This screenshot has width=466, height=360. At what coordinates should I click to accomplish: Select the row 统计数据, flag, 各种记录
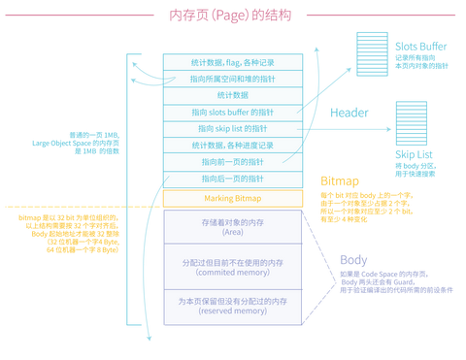(232, 62)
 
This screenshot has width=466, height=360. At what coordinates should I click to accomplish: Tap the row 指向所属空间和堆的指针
(232, 79)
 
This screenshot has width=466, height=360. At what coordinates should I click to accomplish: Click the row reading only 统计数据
(232, 95)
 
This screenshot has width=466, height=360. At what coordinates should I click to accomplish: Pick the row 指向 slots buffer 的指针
(232, 112)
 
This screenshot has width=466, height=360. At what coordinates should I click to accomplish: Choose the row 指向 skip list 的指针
(232, 128)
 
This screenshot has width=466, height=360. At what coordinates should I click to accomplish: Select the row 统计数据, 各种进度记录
(232, 145)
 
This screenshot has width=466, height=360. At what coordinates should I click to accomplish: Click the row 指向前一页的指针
(232, 161)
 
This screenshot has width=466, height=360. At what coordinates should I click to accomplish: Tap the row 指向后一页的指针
(232, 179)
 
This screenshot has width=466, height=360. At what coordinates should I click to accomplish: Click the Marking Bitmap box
(232, 198)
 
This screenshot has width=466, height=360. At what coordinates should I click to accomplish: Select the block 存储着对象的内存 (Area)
(232, 228)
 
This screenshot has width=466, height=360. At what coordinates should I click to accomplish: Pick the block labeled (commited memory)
(232, 268)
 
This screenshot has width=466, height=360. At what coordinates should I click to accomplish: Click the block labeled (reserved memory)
(232, 307)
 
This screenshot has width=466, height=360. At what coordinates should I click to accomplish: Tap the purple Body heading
(352, 259)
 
